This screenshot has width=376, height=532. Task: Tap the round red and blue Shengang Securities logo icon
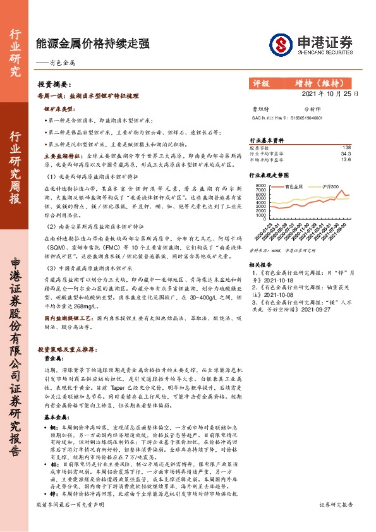click(280, 44)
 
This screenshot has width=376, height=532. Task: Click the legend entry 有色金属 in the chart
click(294, 187)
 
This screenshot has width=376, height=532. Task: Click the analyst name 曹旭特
click(261, 109)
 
